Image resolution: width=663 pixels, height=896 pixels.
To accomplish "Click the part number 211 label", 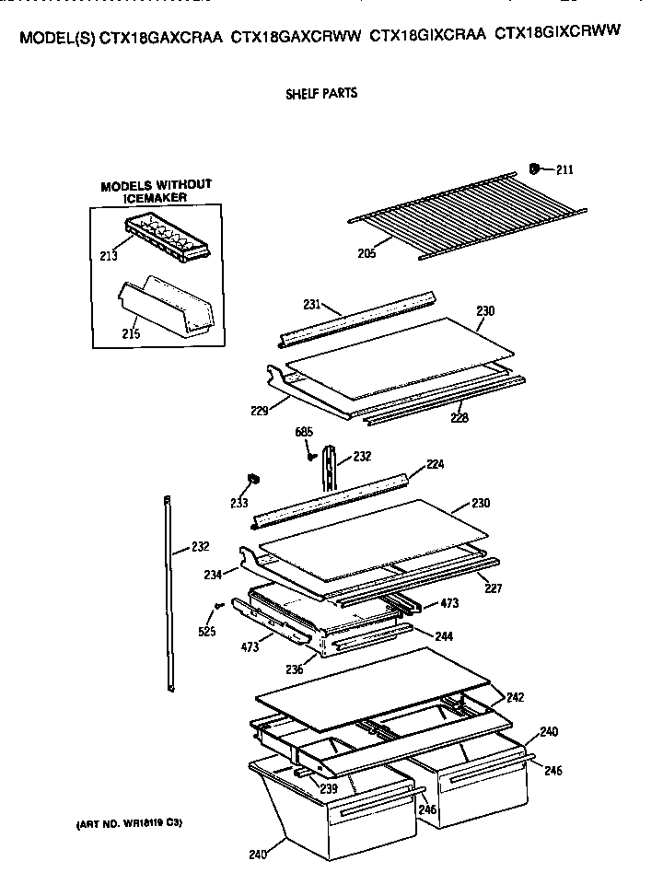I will pyautogui.click(x=564, y=169).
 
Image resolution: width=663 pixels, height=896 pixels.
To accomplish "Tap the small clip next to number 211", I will pyautogui.click(x=534, y=168).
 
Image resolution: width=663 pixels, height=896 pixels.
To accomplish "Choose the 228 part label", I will pyautogui.click(x=459, y=417).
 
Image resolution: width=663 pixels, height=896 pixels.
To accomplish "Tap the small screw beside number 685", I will pyautogui.click(x=312, y=454).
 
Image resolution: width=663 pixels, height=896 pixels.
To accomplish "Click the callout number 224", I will pyautogui.click(x=435, y=465).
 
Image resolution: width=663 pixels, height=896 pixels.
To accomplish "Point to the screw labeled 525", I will pyautogui.click(x=217, y=605).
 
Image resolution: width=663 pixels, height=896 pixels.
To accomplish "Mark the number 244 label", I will pyautogui.click(x=445, y=635).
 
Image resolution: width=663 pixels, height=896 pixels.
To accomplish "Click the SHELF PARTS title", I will pyautogui.click(x=322, y=93).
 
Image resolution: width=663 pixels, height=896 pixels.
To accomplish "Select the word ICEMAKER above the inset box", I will pyautogui.click(x=156, y=197).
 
